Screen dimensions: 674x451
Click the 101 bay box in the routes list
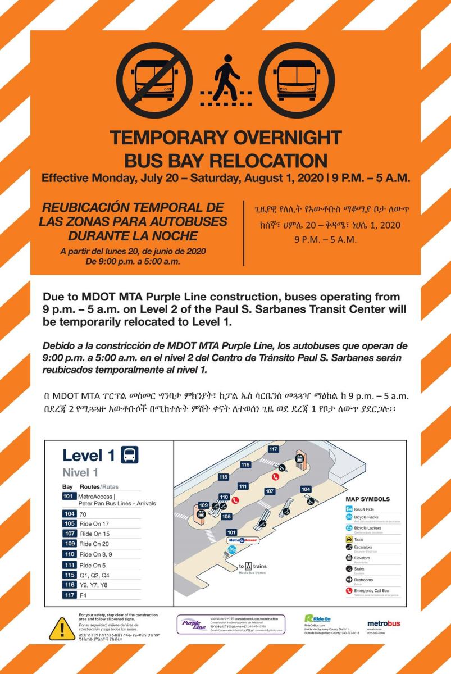pos(70,497)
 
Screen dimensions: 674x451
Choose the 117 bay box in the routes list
pos(70,595)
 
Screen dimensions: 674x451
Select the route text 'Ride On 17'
pos(94,523)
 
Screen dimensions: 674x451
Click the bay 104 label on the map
pos(306,489)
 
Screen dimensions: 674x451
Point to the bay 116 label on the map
pos(245,464)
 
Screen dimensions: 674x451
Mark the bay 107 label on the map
pos(270,491)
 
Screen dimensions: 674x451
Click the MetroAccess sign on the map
pos(243,540)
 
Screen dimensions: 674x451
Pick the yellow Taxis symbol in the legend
pos(349,539)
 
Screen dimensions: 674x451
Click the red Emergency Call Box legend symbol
pos(349,590)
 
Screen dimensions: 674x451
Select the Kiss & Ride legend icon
pos(349,509)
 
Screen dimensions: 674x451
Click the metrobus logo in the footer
pos(384,623)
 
